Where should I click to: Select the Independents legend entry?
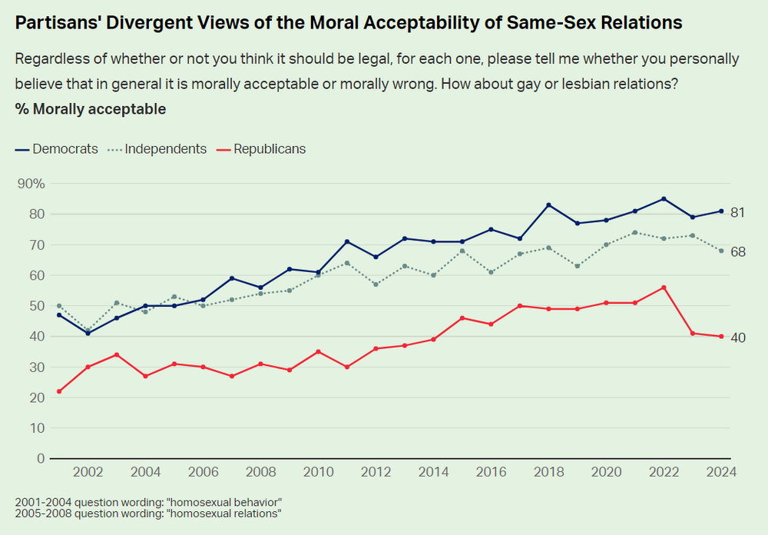click(165, 149)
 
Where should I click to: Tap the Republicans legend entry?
click(270, 149)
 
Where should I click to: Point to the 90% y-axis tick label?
click(31, 184)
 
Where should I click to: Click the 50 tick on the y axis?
click(37, 306)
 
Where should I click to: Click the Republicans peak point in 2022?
click(664, 287)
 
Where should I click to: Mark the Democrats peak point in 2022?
click(664, 199)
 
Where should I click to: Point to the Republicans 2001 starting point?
click(59, 391)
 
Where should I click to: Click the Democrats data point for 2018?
click(548, 205)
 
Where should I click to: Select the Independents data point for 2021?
click(635, 232)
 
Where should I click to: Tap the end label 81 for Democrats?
click(738, 213)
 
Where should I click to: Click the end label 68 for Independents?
click(738, 252)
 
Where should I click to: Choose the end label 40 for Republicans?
click(738, 337)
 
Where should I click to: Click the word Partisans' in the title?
click(57, 23)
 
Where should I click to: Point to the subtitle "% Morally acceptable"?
click(91, 109)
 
